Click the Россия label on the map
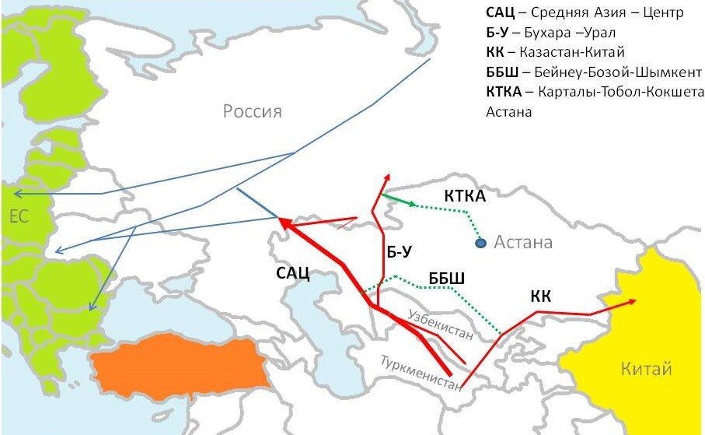253,111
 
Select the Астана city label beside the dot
523,243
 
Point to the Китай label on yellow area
646,369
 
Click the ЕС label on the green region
19,216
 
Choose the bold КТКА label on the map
465,196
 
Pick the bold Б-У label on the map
398,251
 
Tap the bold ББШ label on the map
446,279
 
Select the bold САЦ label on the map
293,272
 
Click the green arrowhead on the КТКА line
411,203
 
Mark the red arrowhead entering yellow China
633,301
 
